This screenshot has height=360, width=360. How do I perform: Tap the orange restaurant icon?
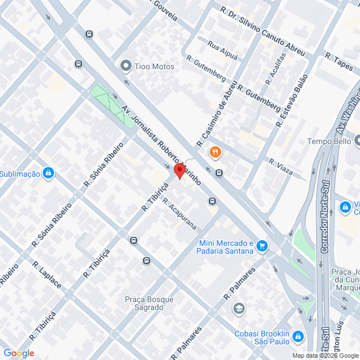click(215, 152)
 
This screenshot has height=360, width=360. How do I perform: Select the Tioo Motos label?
click(154, 66)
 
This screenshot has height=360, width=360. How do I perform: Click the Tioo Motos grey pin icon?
click(125, 66)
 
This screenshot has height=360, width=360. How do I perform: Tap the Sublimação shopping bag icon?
click(48, 173)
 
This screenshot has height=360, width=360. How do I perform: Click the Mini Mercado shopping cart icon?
click(262, 246)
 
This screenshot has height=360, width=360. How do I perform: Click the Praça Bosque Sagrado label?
click(149, 304)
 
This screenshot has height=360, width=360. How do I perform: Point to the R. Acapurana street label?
click(179, 214)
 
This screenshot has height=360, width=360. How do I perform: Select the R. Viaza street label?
click(280, 166)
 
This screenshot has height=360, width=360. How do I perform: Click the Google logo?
click(18, 353)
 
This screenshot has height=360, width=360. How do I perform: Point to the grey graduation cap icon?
click(239, 308)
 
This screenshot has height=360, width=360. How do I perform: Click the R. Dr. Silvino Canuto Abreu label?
click(262, 31)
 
